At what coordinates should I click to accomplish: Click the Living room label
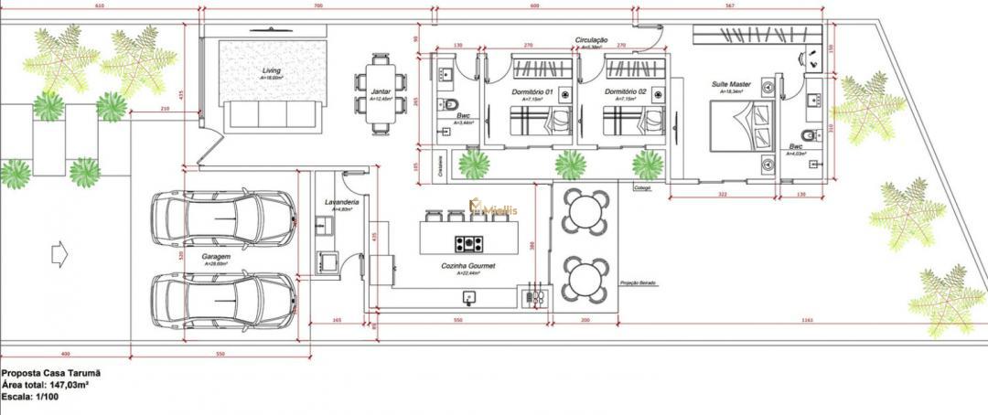(271, 70)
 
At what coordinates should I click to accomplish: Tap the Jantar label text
(380, 93)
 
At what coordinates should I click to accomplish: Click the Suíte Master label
(731, 84)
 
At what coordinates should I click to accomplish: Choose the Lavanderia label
(340, 202)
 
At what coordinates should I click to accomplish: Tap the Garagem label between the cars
(217, 258)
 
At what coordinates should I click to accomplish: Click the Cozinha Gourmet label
(467, 266)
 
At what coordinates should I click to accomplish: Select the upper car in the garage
(223, 218)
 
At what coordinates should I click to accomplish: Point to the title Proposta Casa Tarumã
(50, 374)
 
